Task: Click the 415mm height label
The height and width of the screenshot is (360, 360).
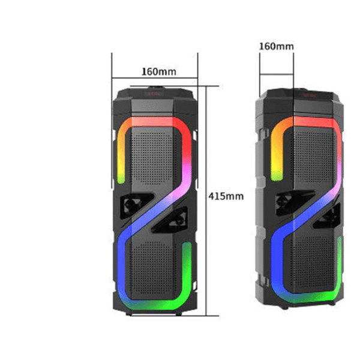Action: pyautogui.click(x=226, y=197)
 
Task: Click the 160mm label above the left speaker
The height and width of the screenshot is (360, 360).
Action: pyautogui.click(x=159, y=71)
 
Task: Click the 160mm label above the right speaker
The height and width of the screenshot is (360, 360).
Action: pyautogui.click(x=277, y=46)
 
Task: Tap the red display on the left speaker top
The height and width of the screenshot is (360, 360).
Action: pyautogui.click(x=155, y=94)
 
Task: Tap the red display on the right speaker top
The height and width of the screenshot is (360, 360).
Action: pyautogui.click(x=309, y=95)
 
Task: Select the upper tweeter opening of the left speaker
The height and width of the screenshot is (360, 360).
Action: pyautogui.click(x=136, y=205)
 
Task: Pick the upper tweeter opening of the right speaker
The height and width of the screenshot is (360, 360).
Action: pyautogui.click(x=295, y=203)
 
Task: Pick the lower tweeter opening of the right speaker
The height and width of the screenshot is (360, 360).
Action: pyautogui.click(x=327, y=217)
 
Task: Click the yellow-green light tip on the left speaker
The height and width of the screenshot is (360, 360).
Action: pyautogui.click(x=121, y=178)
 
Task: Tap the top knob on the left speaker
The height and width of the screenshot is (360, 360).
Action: pyautogui.click(x=157, y=88)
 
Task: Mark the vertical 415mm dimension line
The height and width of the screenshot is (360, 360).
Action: pyautogui.click(x=206, y=201)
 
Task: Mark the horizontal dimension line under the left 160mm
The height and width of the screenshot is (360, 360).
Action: pyautogui.click(x=155, y=78)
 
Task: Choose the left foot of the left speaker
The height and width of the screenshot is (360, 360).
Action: pyautogui.click(x=129, y=314)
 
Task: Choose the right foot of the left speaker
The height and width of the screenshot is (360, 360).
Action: pyautogui.click(x=179, y=314)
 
